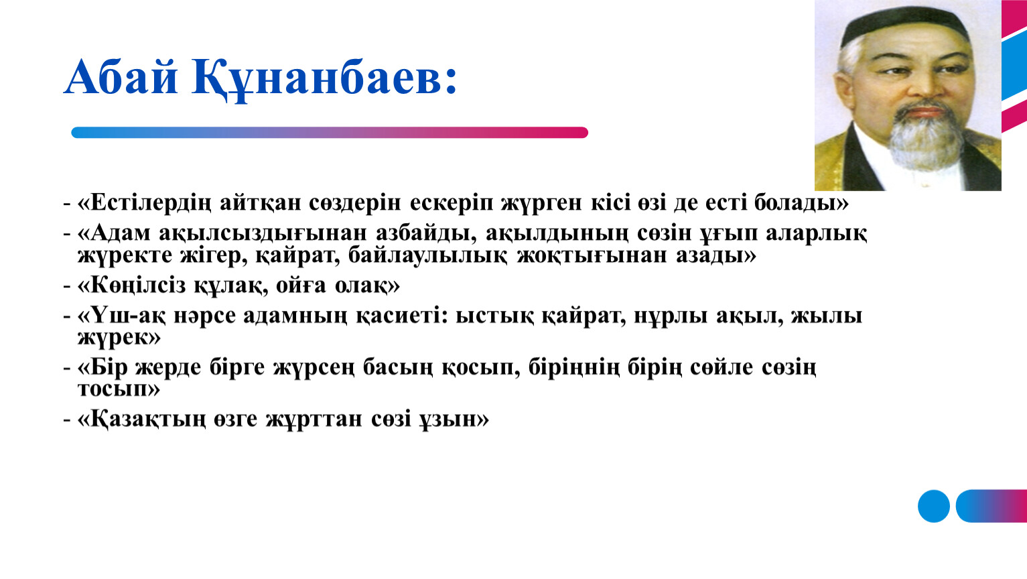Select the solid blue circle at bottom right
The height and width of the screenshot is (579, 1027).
tap(934, 506)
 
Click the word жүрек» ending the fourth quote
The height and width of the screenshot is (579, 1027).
tap(119, 337)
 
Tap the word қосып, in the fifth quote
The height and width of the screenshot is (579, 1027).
tap(480, 368)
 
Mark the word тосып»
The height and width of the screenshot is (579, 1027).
tap(119, 389)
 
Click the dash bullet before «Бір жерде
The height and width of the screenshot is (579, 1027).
tap(67, 369)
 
